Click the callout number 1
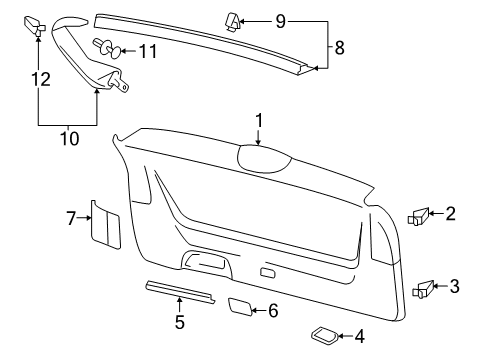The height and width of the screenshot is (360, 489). coord(259,120)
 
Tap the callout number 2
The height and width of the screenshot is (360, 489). coord(450,213)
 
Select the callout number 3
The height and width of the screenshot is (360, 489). coord(454,286)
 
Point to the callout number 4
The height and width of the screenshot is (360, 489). coord(359,336)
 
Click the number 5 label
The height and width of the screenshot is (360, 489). coord(180,322)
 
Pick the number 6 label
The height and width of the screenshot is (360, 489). coord(273,311)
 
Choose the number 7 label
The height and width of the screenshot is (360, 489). coord(71,218)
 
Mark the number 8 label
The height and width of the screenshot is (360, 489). coord(339,48)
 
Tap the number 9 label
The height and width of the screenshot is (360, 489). coord(281,21)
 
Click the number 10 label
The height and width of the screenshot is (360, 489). coord(70,138)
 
